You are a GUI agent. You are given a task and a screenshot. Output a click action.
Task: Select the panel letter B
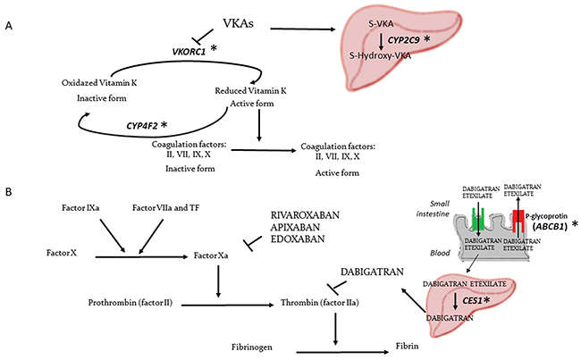(x=8, y=192)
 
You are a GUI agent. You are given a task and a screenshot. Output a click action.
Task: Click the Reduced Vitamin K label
(x=253, y=90)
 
